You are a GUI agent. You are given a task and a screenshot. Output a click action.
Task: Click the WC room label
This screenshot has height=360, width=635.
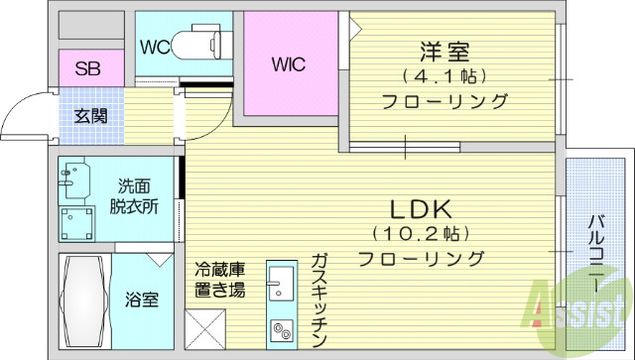tap(153, 46)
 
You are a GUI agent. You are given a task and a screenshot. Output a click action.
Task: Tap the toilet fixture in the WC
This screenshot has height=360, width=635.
tap(198, 44)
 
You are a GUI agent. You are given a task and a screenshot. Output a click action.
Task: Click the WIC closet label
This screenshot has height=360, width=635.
tap(289, 64)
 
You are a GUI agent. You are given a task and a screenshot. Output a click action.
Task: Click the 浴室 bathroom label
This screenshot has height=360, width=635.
tap(140, 299)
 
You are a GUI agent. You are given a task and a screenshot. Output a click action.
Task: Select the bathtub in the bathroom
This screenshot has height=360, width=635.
tap(82, 303)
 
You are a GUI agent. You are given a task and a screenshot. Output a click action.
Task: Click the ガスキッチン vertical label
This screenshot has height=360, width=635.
tap(318, 298)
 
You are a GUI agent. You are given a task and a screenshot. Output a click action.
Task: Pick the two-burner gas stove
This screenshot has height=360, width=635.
tap(281, 331)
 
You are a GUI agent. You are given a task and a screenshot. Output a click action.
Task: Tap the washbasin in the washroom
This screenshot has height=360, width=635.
tap(71, 181)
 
